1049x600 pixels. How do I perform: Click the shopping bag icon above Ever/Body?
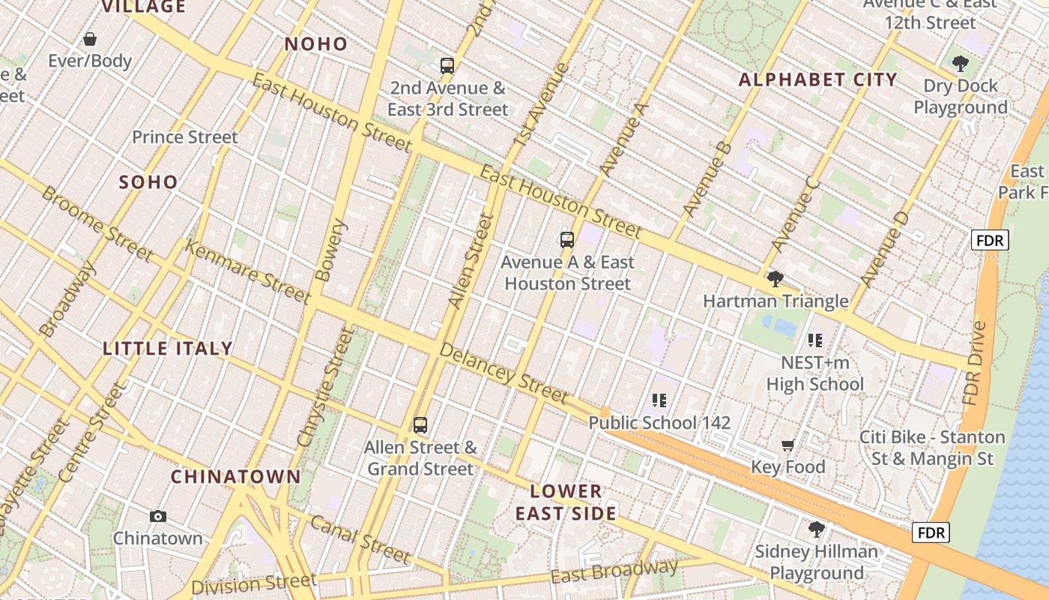click(x=90, y=39)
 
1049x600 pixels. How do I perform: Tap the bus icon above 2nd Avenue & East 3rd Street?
click(x=447, y=66)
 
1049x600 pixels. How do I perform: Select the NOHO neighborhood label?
click(x=316, y=44)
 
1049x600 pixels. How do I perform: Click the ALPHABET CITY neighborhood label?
click(x=817, y=79)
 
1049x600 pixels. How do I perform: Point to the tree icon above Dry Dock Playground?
click(x=960, y=64)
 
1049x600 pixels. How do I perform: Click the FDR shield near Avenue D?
click(x=990, y=241)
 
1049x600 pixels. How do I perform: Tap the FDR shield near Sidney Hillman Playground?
click(x=931, y=533)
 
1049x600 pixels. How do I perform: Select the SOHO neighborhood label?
click(x=148, y=182)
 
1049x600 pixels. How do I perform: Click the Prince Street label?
click(x=185, y=137)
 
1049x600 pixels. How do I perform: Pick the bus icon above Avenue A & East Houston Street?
click(x=567, y=240)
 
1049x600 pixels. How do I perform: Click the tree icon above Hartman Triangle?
click(x=775, y=280)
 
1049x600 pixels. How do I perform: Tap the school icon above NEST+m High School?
click(x=815, y=340)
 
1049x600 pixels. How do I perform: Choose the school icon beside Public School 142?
click(x=659, y=400)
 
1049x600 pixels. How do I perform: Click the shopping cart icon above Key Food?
click(x=787, y=445)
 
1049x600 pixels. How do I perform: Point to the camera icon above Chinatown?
click(x=157, y=516)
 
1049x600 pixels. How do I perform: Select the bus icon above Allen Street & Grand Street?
click(x=420, y=425)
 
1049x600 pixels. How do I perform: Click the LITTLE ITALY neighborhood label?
click(x=168, y=349)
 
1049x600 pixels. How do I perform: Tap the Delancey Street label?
click(x=504, y=373)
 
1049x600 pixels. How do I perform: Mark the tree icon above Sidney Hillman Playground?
click(x=816, y=530)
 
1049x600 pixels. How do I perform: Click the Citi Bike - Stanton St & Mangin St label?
click(x=932, y=448)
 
